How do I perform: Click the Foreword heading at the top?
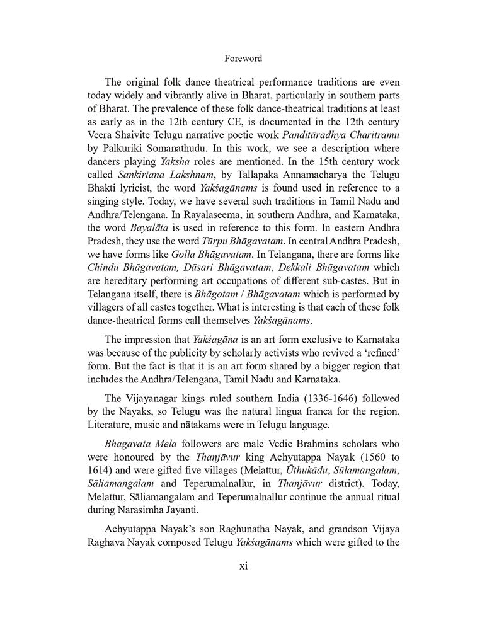(243, 59)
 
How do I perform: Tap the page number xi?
(243, 566)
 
